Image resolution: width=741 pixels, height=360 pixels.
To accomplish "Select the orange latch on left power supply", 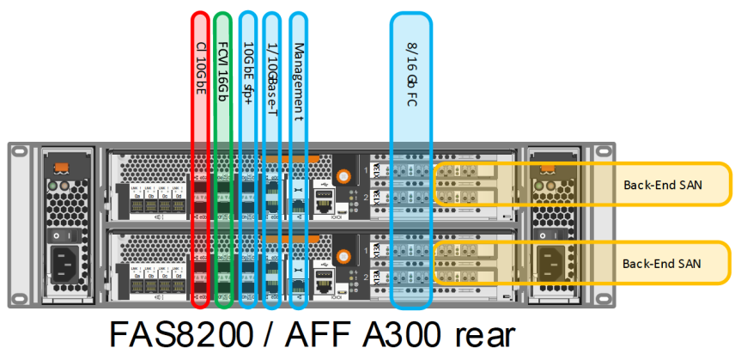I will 61,166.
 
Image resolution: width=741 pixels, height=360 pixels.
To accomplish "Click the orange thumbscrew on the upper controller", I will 343,177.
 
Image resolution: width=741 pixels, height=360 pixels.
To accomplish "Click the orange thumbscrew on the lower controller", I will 343,255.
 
